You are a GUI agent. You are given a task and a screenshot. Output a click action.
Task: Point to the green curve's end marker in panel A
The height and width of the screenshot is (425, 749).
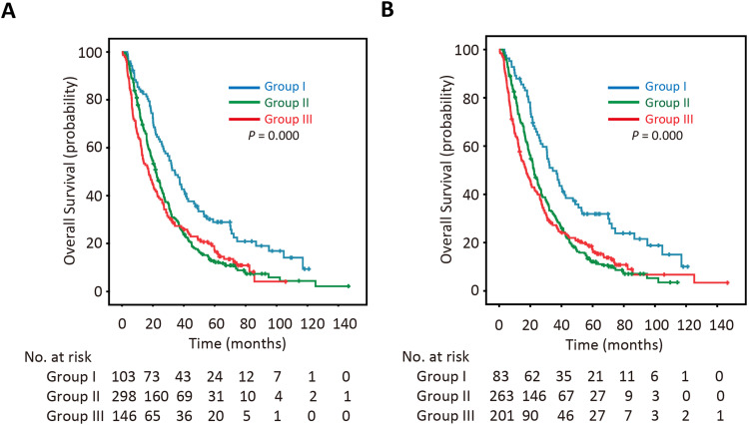[x=348, y=286]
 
